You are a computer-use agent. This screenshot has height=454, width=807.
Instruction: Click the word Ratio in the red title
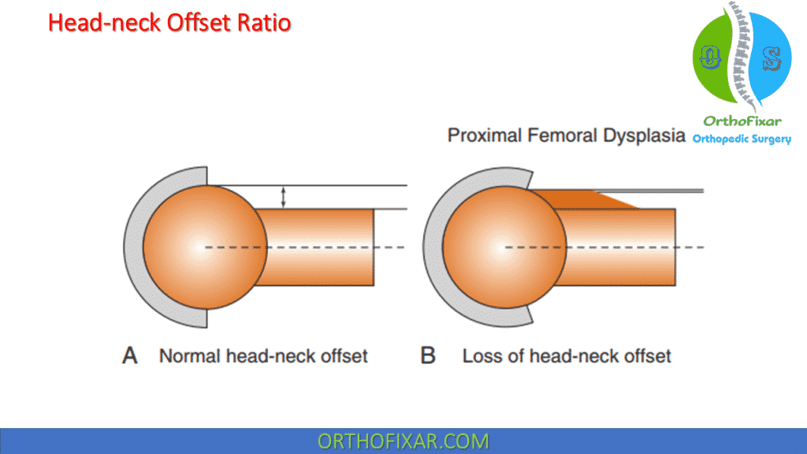point(264,23)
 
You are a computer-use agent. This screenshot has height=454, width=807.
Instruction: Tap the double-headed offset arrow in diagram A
point(283,197)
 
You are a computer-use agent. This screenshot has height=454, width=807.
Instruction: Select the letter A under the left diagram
point(130,355)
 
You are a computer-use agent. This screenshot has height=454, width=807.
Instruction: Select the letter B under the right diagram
point(428,355)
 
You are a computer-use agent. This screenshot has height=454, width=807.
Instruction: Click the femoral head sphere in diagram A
point(205,247)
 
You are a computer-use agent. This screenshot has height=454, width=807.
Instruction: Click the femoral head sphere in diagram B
point(504,247)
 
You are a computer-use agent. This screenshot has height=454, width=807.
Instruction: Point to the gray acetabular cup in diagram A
point(135,247)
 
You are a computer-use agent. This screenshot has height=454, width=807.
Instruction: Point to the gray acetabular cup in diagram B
point(434,247)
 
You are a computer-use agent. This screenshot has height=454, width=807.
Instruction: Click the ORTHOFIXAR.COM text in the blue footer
point(403,441)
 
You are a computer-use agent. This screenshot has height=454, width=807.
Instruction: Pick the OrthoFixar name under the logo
point(742,121)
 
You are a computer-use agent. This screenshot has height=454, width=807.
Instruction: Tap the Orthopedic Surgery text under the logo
point(742,139)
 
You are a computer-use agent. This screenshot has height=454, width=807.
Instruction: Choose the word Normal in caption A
point(190,355)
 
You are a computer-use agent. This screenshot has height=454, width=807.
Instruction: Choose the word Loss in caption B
point(483,355)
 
